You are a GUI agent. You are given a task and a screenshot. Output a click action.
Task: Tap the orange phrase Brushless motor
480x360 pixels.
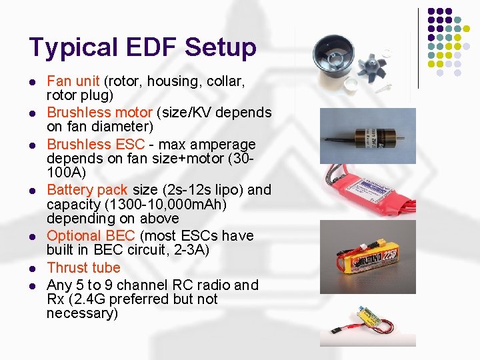click(90, 113)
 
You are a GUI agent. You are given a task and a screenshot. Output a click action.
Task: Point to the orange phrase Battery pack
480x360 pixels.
click(86, 190)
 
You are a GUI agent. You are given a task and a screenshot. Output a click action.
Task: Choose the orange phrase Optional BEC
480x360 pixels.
click(91, 236)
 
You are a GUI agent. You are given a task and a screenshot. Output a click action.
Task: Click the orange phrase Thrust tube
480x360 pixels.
click(83, 268)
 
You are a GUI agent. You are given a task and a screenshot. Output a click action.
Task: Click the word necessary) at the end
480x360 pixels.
click(82, 313)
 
